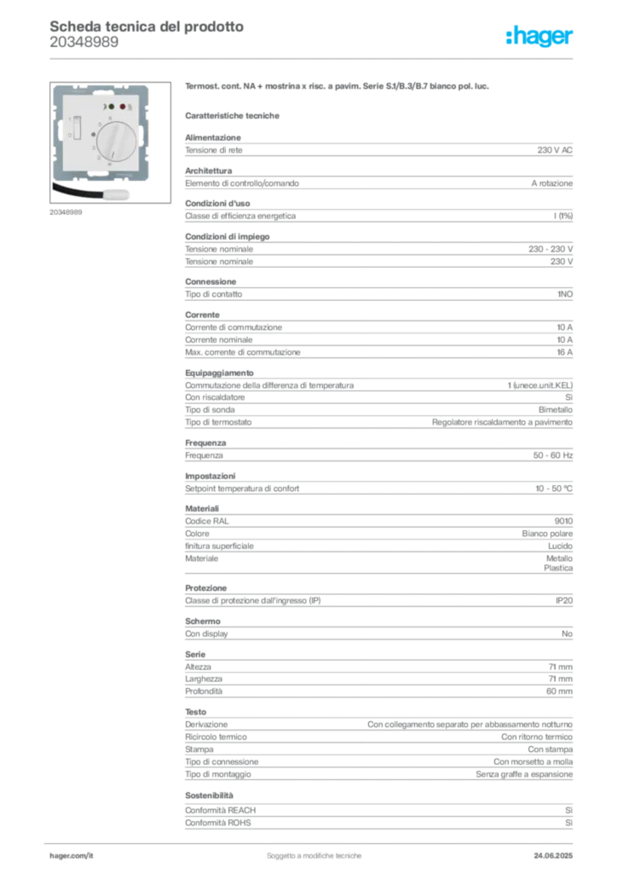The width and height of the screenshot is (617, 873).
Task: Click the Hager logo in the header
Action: (539, 36)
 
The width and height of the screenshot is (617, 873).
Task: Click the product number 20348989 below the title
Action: (84, 43)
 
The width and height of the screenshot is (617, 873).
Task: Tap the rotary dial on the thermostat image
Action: (116, 142)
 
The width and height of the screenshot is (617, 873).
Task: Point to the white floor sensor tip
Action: (116, 194)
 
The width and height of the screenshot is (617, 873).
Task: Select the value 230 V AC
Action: (555, 150)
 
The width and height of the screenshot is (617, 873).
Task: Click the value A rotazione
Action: (552, 183)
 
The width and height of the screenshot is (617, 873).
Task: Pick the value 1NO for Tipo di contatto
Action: (565, 294)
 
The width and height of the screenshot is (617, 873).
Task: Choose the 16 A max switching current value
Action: (565, 352)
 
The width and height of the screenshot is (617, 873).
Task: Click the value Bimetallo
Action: (556, 410)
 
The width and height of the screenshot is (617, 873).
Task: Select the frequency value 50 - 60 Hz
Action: (552, 455)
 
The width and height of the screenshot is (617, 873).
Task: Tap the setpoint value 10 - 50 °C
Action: (554, 489)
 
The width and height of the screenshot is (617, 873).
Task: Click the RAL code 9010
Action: (563, 521)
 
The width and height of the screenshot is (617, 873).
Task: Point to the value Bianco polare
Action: (547, 534)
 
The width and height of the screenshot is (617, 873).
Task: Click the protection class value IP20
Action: (564, 601)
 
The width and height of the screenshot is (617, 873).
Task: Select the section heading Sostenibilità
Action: (209, 795)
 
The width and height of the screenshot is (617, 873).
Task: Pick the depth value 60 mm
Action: (559, 691)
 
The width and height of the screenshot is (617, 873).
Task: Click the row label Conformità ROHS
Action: (218, 823)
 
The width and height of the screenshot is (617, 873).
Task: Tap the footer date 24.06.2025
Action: (553, 856)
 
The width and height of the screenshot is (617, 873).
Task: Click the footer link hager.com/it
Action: (72, 856)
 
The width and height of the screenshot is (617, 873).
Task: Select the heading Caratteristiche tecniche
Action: (232, 116)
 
